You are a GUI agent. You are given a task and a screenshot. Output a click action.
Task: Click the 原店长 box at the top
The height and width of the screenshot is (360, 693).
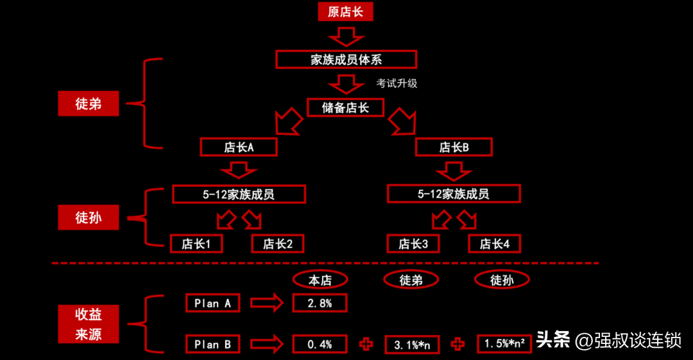click(x=345, y=12)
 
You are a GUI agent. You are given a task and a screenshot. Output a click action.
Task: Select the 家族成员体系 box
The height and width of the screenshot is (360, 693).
click(x=346, y=60)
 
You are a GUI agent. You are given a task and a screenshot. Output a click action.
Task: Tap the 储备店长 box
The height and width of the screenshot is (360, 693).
click(x=346, y=107)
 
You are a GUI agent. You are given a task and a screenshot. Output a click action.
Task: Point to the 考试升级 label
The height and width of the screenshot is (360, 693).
click(x=397, y=83)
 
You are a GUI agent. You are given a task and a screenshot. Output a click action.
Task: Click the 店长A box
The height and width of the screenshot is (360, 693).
click(x=239, y=147)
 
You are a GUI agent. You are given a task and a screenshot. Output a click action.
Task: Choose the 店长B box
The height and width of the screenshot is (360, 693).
click(x=454, y=147)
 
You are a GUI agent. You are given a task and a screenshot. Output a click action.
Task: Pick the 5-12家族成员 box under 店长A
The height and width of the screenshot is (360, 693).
click(x=239, y=194)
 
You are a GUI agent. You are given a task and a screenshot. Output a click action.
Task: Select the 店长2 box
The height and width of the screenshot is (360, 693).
click(x=278, y=244)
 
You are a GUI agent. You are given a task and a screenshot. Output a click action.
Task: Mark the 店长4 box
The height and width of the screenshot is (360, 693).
click(x=494, y=244)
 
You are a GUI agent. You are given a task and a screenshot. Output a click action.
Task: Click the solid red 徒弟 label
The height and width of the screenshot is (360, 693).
click(x=89, y=103)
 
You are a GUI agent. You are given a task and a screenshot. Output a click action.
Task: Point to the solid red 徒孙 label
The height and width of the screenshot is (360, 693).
click(x=89, y=218)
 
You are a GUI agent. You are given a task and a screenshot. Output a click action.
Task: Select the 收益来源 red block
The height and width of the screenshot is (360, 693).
click(x=89, y=324)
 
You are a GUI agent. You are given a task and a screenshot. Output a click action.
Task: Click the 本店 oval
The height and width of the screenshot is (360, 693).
click(x=320, y=280)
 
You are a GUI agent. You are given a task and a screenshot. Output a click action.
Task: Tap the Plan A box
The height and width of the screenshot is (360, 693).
click(x=212, y=304)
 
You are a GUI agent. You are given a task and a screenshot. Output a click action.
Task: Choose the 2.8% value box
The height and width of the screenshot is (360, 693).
click(x=320, y=304)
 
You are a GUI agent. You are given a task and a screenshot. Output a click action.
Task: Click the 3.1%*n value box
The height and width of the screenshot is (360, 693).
click(x=412, y=345)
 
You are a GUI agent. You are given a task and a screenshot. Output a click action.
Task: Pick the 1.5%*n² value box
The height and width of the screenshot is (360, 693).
click(x=504, y=344)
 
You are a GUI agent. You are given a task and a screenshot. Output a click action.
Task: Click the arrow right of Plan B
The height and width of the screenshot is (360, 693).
click(x=266, y=345)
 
